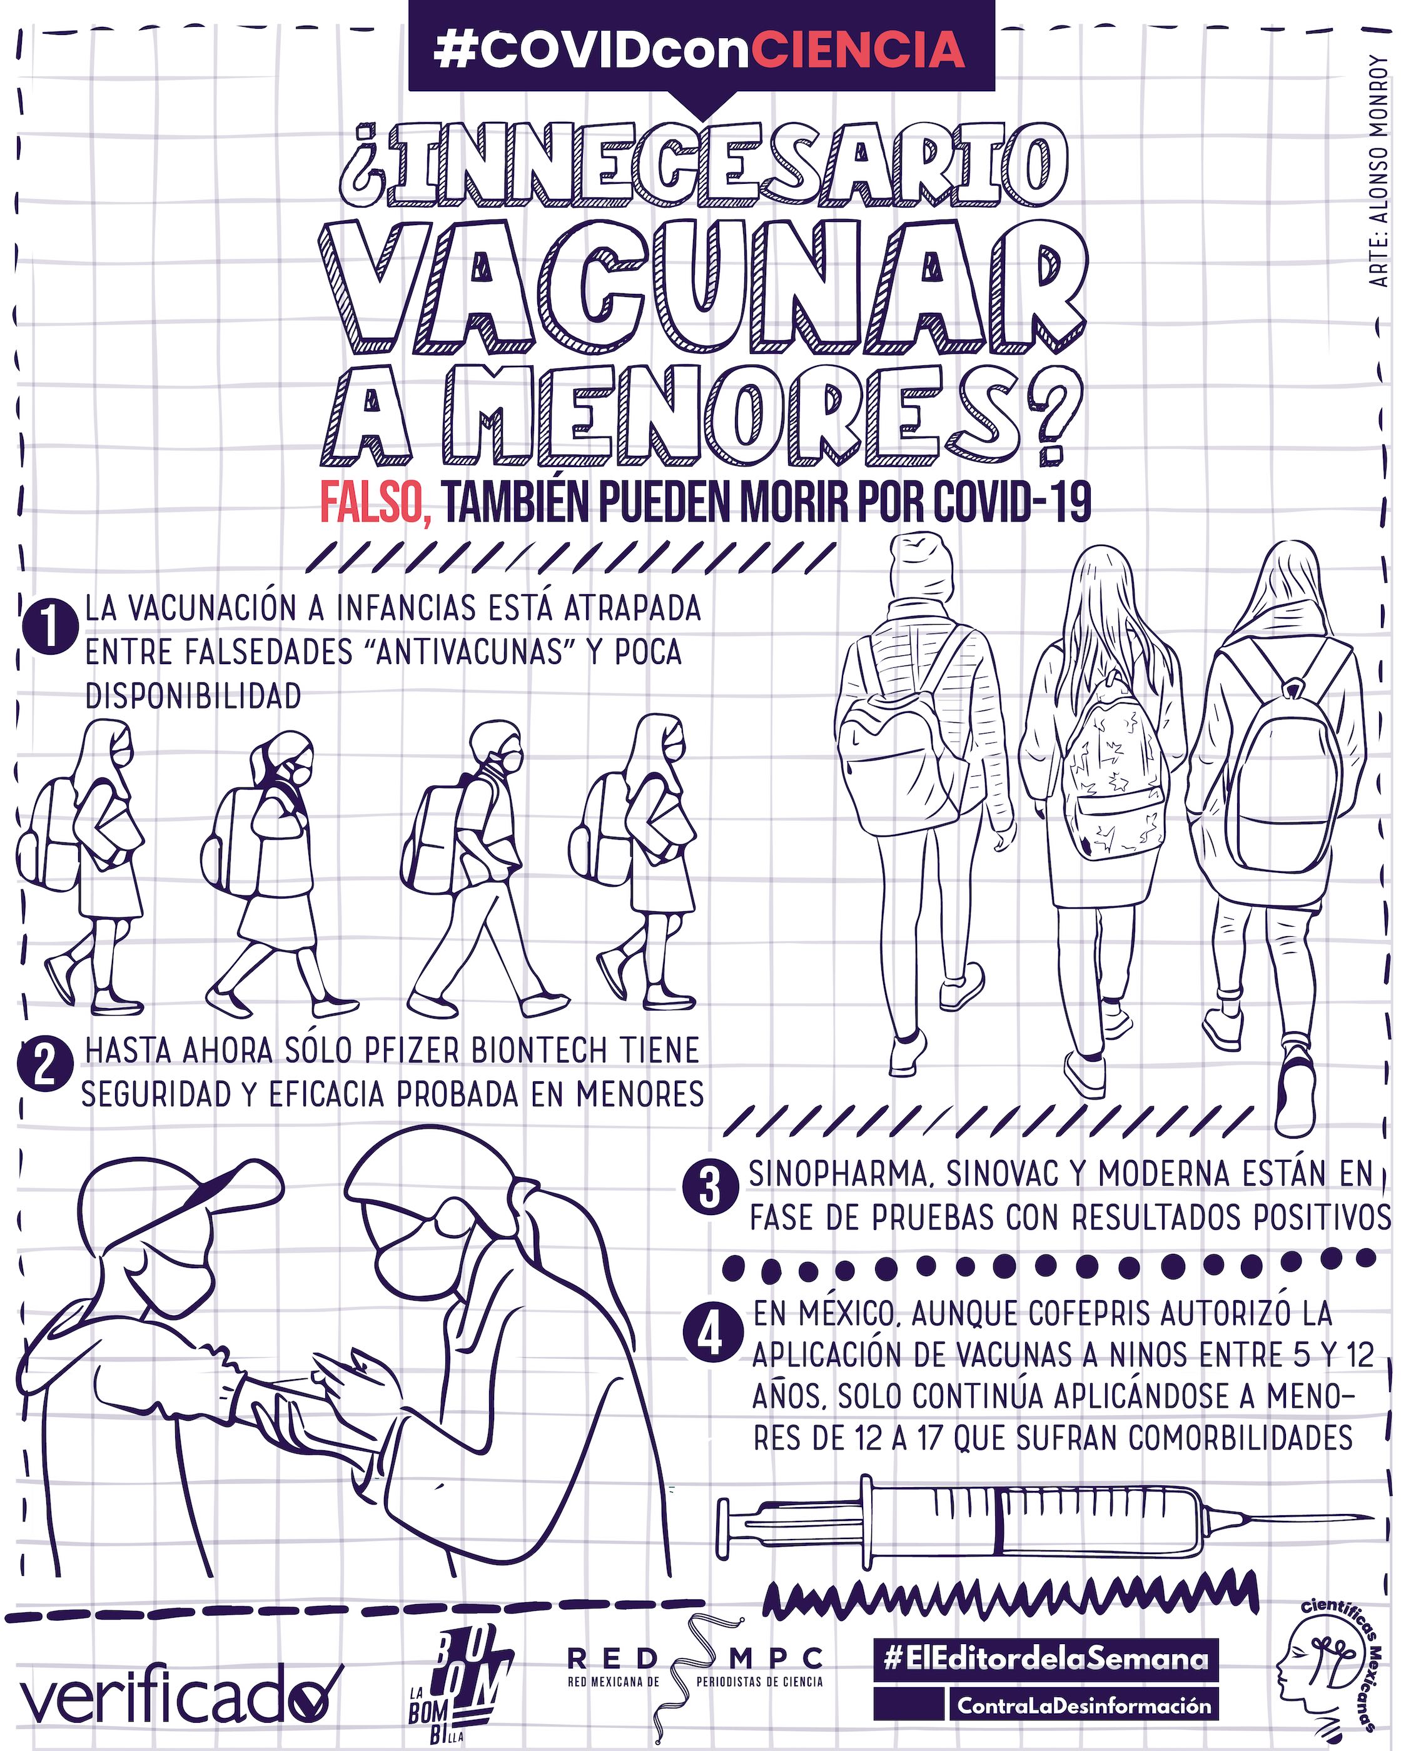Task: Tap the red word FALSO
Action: coord(375,503)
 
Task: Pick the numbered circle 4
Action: coord(712,1335)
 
